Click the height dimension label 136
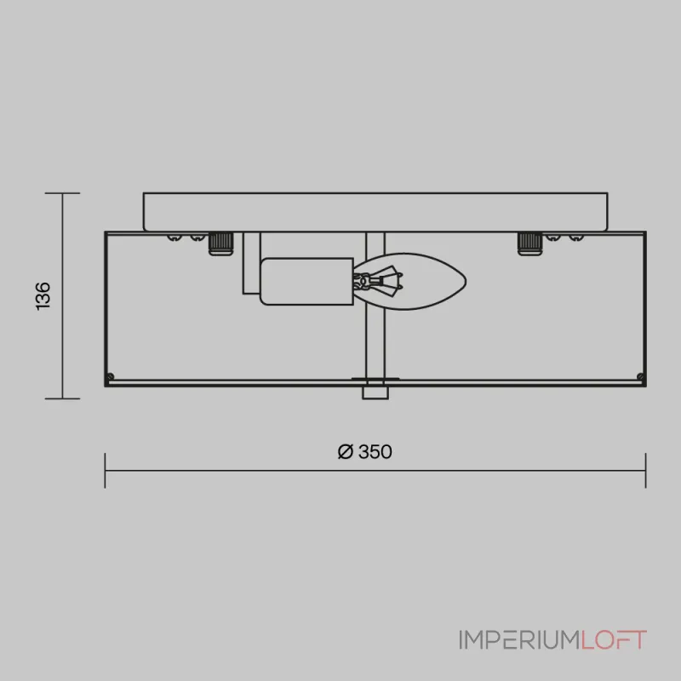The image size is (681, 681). pyautogui.click(x=43, y=295)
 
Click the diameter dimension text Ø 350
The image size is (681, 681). pyautogui.click(x=365, y=452)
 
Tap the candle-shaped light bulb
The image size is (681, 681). pyautogui.click(x=409, y=282)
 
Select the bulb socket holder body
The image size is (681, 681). pyautogui.click(x=306, y=282)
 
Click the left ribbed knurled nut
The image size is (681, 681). pyautogui.click(x=221, y=243)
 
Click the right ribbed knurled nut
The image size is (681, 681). pyautogui.click(x=529, y=243)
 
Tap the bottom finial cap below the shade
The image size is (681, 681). pyautogui.click(x=375, y=392)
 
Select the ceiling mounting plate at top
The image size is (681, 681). pyautogui.click(x=375, y=212)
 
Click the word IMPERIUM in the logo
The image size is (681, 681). pyautogui.click(x=520, y=640)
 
